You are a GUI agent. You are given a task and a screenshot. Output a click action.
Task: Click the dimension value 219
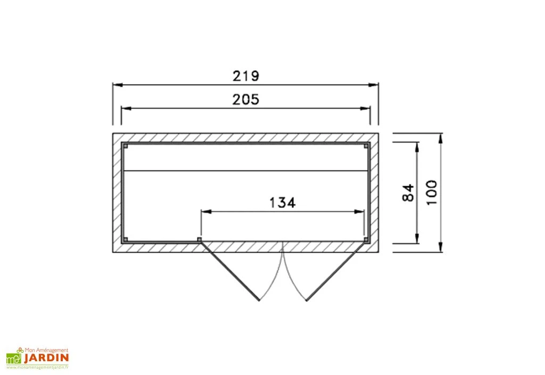pos(245,76)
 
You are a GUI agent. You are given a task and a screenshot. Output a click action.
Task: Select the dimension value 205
pos(245,99)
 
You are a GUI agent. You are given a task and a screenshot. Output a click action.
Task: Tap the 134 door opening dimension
pos(282,203)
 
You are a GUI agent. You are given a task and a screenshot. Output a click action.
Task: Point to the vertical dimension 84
pos(408,193)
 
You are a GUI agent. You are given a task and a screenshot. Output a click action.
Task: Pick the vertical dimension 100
pos(432,192)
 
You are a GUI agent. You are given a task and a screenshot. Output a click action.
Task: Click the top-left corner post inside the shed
pos(125,145)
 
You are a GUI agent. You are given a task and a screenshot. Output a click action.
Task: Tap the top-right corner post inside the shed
pos(366,145)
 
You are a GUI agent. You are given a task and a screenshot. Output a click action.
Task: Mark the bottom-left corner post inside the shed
pos(125,239)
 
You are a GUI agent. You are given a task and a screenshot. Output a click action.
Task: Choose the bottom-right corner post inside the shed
pos(366,239)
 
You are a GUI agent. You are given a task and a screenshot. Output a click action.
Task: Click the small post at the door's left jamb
pos(200,240)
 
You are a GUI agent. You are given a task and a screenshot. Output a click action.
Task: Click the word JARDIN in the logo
pos(45,359)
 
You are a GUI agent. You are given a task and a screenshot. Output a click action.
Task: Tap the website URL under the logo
pos(38,368)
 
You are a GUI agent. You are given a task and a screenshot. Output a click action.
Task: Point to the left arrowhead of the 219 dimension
pos(116,85)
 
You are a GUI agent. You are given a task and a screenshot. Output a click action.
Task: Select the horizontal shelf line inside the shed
pos(245,171)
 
